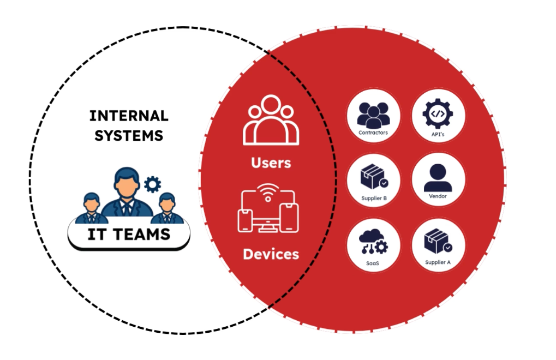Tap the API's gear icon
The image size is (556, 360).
click(x=438, y=116)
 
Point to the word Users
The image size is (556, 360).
click(x=271, y=163)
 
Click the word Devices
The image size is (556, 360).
click(x=271, y=254)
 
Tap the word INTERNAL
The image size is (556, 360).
click(x=129, y=116)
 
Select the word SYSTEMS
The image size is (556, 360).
click(x=129, y=135)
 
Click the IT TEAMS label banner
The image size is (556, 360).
click(x=129, y=235)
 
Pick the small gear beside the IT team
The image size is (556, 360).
click(x=152, y=184)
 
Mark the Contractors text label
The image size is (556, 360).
click(x=373, y=133)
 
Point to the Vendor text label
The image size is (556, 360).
click(x=438, y=196)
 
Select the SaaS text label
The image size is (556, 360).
click(x=373, y=262)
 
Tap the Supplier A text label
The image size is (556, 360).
click(x=438, y=262)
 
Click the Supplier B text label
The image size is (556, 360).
click(x=374, y=198)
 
